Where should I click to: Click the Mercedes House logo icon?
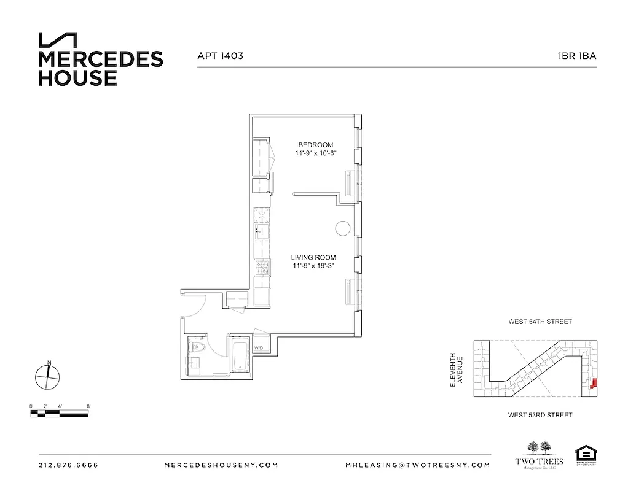58,40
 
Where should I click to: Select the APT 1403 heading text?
220,55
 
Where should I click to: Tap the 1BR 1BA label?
577,55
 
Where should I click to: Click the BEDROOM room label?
315,145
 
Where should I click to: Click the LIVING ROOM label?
314,257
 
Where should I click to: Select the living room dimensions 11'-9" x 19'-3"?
314,265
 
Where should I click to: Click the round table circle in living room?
342,228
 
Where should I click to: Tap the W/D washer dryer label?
259,348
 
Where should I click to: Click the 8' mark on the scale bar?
89,406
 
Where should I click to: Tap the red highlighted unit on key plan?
594,384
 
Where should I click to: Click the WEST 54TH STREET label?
540,322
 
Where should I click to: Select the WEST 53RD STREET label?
540,416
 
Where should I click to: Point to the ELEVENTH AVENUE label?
456,369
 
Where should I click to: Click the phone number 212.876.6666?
68,465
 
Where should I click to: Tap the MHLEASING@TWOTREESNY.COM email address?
418,465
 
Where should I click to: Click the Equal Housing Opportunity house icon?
585,455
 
